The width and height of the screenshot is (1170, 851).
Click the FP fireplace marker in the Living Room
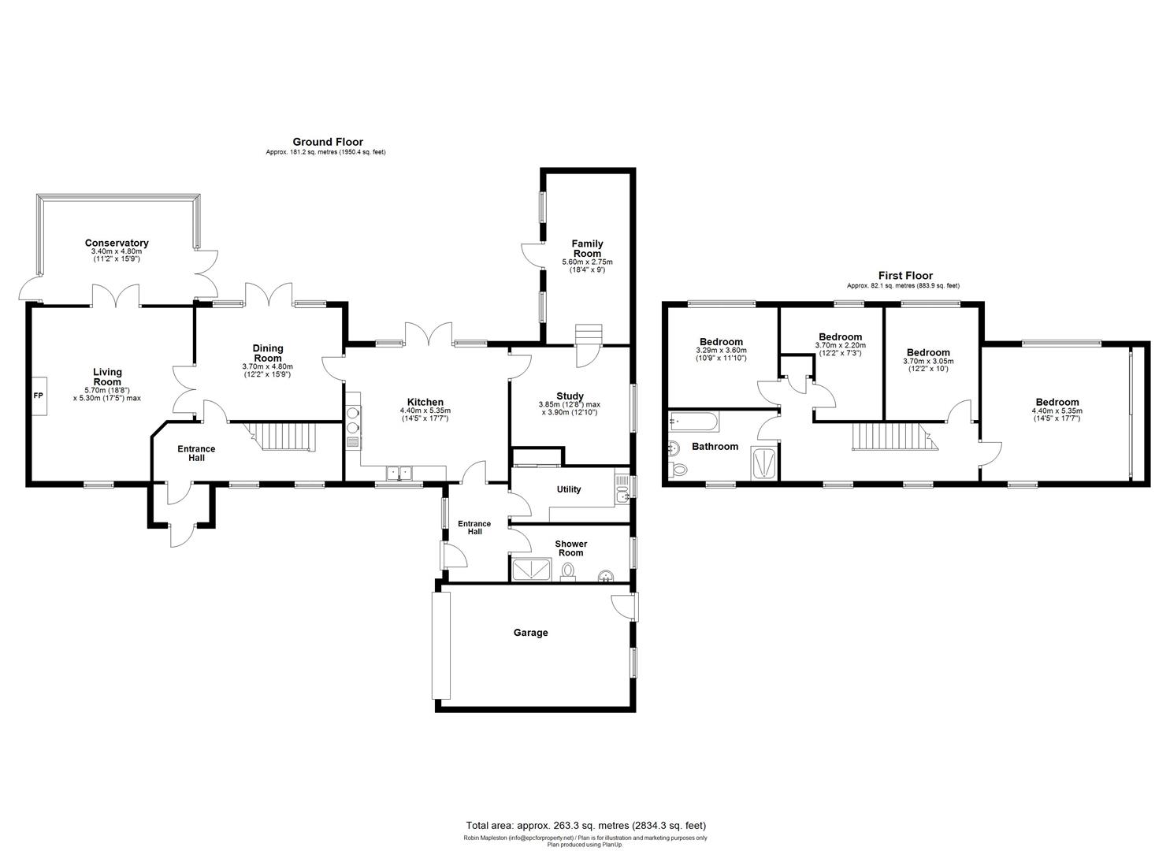pos(38,394)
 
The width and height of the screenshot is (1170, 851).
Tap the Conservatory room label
pos(117,243)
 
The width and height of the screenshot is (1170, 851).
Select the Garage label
pos(530,633)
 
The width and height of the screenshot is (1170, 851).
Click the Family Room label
pos(587,248)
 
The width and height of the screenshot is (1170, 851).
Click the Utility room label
pos(568,489)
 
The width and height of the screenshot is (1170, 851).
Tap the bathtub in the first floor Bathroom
pos(693,422)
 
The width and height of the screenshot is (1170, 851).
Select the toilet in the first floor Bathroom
pos(678,470)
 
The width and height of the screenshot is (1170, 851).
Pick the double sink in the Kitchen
pos(399,473)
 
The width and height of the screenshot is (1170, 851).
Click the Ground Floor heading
pos(327,142)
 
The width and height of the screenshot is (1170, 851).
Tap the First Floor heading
pos(905,276)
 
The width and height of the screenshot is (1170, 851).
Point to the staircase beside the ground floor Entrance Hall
pos(281,436)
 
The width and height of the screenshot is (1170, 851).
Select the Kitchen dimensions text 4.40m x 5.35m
pos(425,411)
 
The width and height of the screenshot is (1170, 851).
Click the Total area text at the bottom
pos(585,826)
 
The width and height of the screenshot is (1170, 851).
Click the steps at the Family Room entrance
pos(588,334)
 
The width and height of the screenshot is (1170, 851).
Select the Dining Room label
pos(268,353)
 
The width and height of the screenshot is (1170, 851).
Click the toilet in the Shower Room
pos(569,571)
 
